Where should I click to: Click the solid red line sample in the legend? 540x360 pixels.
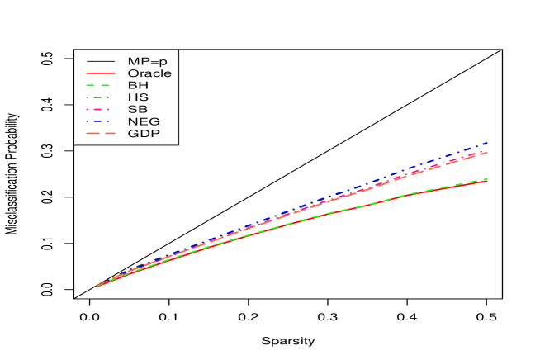pyautogui.click(x=101, y=73)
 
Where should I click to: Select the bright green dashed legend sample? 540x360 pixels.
pyautogui.click(x=98, y=85)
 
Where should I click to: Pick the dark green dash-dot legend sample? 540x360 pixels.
pyautogui.click(x=97, y=97)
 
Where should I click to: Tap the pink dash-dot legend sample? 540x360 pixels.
pyautogui.click(x=97, y=109)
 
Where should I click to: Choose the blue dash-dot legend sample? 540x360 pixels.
pyautogui.click(x=97, y=121)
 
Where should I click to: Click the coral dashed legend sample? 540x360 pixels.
pyautogui.click(x=101, y=133)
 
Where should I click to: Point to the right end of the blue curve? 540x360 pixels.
pyautogui.click(x=488, y=143)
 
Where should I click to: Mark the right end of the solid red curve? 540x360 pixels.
pyautogui.click(x=488, y=180)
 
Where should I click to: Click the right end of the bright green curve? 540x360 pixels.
pyautogui.click(x=488, y=178)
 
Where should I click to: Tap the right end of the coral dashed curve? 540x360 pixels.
pyautogui.click(x=488, y=152)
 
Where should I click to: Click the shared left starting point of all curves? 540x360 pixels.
pyautogui.click(x=97, y=286)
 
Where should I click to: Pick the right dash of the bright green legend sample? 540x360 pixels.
pyautogui.click(x=106, y=85)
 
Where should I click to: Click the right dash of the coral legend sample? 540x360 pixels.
pyautogui.click(x=110, y=133)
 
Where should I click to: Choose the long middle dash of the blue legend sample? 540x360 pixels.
pyautogui.click(x=97, y=121)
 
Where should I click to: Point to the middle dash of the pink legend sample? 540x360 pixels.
pyautogui.click(x=97, y=109)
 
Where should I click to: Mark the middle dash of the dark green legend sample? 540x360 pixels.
pyautogui.click(x=97, y=97)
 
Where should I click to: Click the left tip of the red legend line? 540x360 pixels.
pyautogui.click(x=87, y=73)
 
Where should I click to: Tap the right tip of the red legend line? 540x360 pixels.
pyautogui.click(x=116, y=73)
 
